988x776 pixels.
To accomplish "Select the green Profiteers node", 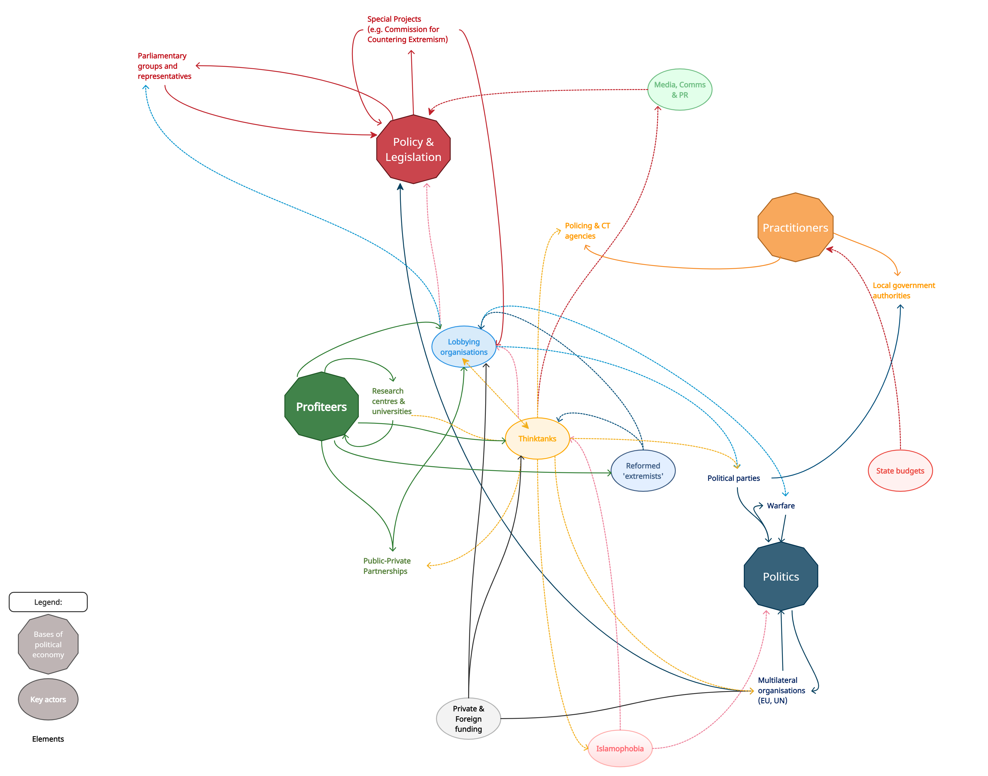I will [321, 407].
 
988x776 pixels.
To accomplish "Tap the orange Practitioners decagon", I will [795, 228].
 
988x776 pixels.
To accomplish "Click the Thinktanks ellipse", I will [537, 439].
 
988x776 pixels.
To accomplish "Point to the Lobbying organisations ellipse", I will [464, 347].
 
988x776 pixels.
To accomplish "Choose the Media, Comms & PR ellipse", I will [679, 90].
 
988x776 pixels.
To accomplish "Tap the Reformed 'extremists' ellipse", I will [643, 471].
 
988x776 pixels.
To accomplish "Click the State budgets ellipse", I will [900, 471].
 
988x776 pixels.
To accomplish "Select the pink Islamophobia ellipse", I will [620, 748].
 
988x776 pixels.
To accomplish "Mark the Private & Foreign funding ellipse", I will [468, 719].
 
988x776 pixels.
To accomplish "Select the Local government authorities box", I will [923, 290].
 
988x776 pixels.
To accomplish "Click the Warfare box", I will [785, 506].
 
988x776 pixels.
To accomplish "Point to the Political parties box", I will [737, 478].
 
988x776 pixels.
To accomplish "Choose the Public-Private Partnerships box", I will [393, 566].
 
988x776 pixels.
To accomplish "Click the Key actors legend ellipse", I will [48, 699].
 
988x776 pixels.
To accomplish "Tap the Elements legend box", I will [50, 739].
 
